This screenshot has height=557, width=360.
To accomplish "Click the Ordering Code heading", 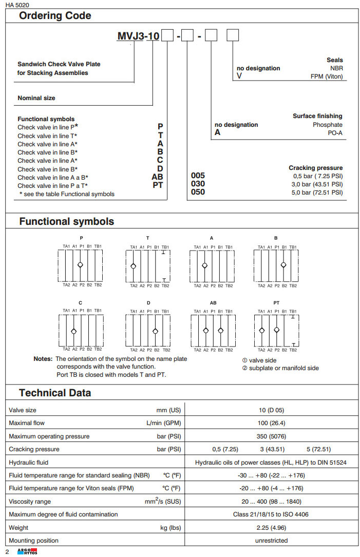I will pyautogui.click(x=55, y=15).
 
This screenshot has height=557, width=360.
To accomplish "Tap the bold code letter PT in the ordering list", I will pyautogui.click(x=158, y=185).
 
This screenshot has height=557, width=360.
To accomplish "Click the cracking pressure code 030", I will pyautogui.click(x=198, y=184).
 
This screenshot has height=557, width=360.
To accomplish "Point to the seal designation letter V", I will pyautogui.click(x=239, y=76).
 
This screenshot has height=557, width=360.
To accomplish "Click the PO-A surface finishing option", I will pyautogui.click(x=334, y=133).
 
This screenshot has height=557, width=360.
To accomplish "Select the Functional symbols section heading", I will pyautogui.click(x=67, y=222).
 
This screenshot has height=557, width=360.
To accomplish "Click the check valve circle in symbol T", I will pyautogui.click(x=133, y=265).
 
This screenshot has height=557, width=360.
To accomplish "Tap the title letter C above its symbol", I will pyautogui.click(x=81, y=303).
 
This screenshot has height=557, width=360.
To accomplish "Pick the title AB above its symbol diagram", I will pyautogui.click(x=213, y=303).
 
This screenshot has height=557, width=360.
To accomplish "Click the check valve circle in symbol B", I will pyautogui.click(x=283, y=265).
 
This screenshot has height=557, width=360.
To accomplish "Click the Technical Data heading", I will pyautogui.click(x=55, y=393).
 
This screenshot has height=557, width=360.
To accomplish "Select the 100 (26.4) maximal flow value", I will pyautogui.click(x=271, y=423).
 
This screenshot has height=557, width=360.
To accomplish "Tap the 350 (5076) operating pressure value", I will pyautogui.click(x=271, y=436).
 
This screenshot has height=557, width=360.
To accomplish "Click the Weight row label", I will pyautogui.click(x=18, y=527).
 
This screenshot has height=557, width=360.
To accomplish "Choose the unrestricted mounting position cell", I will pyautogui.click(x=271, y=541).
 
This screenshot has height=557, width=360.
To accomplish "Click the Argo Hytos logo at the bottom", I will pyautogui.click(x=24, y=551).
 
